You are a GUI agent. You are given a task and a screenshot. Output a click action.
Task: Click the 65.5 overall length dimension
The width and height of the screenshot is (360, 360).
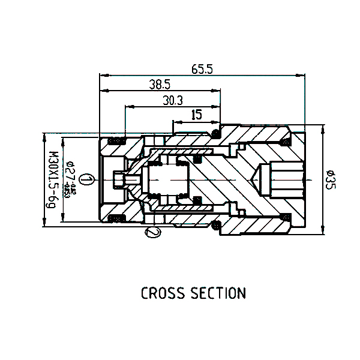coord(202,69)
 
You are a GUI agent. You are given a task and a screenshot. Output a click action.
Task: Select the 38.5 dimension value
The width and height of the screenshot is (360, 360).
coord(160,85)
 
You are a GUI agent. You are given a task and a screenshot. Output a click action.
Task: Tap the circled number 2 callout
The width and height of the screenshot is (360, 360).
coord(153,232)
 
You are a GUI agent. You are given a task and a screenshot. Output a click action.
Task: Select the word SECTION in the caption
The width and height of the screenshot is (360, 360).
coord(218,293)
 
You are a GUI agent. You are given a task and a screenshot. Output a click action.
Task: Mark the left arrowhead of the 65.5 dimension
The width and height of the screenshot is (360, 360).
coord(103,76)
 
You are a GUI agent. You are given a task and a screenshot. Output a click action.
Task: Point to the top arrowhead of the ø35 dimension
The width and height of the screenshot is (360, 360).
coord(323,128)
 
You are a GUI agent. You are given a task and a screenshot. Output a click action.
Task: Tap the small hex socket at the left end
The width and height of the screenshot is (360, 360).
coord(121,179)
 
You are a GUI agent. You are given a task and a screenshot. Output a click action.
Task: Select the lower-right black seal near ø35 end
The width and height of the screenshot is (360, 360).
coord(286,217)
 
